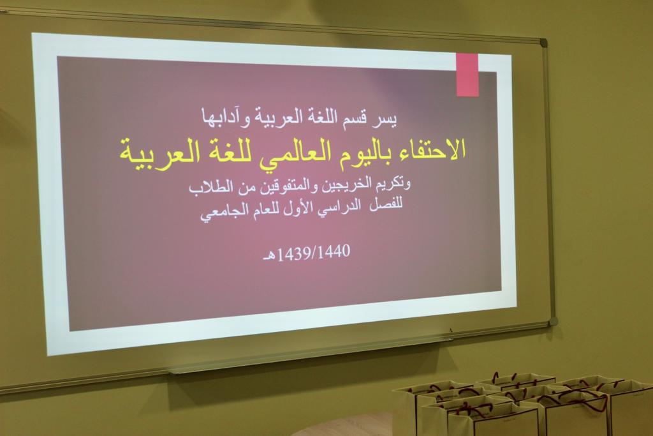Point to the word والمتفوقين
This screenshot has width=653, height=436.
click(288, 188)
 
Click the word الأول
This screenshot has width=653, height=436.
click(292, 207)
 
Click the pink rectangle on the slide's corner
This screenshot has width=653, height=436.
click(467, 75)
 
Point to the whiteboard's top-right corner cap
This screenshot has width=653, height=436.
click(543, 43)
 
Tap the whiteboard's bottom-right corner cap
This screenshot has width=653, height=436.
click(553, 321)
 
